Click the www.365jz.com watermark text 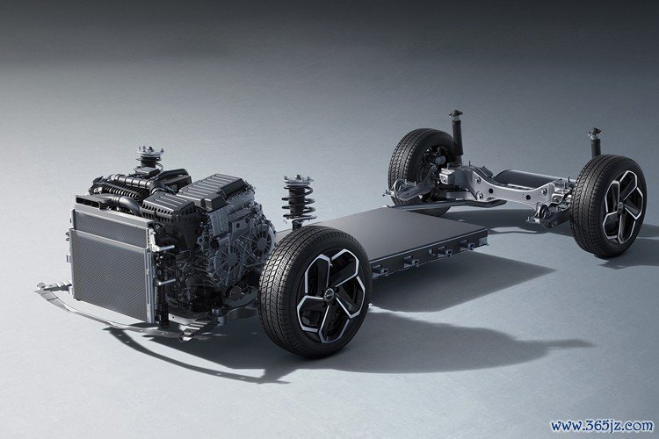pos(602,426)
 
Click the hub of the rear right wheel pos(621,207)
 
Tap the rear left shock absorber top pos(455,115)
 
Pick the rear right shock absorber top pos(595,133)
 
